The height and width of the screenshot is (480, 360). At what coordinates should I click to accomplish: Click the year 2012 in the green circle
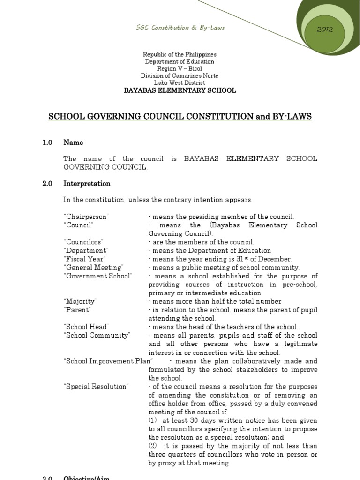[324, 29]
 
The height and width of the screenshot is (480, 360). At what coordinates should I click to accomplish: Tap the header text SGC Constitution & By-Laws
[180, 28]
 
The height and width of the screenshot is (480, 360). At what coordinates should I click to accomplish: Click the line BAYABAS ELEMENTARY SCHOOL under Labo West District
[180, 90]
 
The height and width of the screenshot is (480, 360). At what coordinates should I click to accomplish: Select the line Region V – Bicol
[180, 68]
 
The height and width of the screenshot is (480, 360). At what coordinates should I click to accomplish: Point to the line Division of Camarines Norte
[180, 75]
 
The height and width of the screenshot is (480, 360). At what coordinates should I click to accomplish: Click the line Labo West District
[180, 82]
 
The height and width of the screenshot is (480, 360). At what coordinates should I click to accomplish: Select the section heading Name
[73, 142]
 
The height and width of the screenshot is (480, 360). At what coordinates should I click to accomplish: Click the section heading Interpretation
[87, 184]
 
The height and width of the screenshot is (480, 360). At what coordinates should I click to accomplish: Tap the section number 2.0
[47, 184]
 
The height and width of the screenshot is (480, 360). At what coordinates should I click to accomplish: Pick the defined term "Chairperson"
[86, 217]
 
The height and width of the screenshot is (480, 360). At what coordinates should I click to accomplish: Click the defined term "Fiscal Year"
[84, 259]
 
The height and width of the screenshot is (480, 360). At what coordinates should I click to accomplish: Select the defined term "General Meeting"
[93, 267]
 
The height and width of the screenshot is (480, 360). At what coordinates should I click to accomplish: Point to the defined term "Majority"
[80, 301]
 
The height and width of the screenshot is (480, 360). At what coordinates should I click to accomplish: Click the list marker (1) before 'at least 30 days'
[153, 420]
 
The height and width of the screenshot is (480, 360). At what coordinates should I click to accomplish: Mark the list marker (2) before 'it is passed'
[153, 446]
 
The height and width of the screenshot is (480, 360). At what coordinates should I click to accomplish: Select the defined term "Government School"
[97, 276]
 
